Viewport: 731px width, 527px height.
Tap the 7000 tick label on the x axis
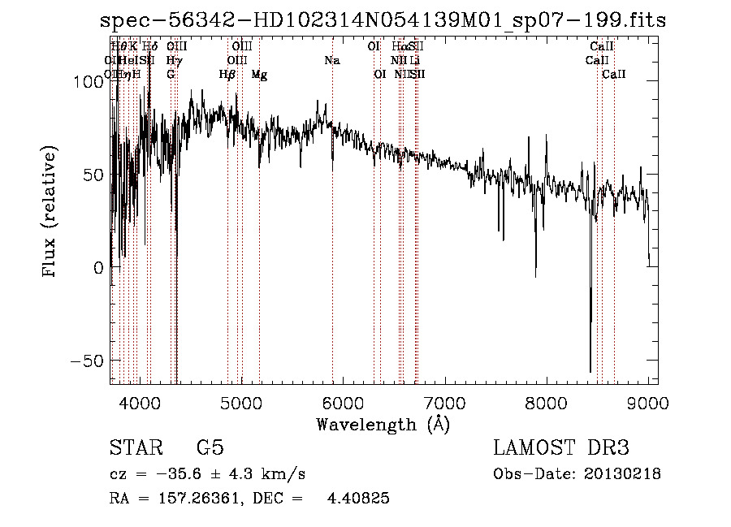tap(445, 401)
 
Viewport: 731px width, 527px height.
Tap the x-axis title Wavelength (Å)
tap(383, 424)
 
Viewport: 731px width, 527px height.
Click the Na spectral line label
tap(331, 60)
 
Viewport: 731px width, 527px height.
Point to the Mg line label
tap(259, 75)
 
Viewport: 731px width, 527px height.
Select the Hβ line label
tap(227, 75)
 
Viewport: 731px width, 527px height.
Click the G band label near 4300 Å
tap(171, 75)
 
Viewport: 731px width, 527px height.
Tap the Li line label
tap(414, 60)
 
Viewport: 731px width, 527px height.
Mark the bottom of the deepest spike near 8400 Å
tap(590, 371)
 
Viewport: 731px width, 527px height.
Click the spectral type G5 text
tap(210, 448)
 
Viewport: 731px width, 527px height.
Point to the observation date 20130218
tap(621, 474)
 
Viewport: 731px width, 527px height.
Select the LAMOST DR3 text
tap(561, 448)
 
